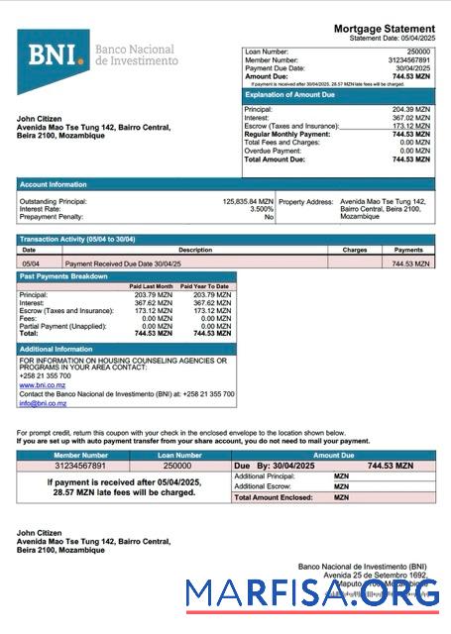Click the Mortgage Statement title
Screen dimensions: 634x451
[384, 29]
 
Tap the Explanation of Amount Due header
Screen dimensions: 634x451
[296, 95]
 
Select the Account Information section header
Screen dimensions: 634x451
[54, 184]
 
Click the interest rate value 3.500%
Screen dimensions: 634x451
[261, 209]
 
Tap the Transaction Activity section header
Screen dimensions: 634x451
[76, 240]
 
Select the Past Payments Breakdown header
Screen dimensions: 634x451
[63, 276]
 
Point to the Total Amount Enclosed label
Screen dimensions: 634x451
[268, 497]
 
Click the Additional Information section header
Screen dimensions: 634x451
[56, 350]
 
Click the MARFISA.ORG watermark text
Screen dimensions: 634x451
[312, 594]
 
